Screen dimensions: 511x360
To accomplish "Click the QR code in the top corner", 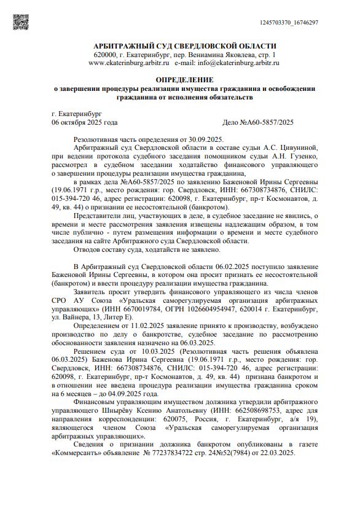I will tap(22, 21).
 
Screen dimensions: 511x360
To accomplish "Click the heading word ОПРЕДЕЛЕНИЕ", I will tap(184, 80).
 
